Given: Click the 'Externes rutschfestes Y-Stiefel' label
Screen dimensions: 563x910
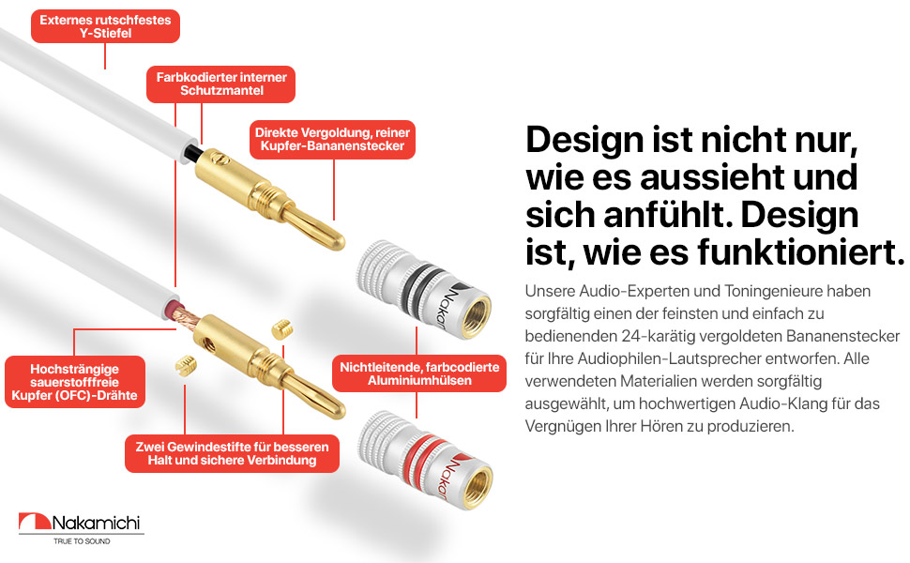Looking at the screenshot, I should click(105, 26).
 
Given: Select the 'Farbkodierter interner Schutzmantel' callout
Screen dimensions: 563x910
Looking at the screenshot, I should click(220, 84).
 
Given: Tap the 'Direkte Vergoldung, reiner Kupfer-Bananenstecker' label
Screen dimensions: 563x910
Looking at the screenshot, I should click(332, 140).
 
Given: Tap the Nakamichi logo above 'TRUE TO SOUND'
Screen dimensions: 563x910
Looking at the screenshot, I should click(81, 523).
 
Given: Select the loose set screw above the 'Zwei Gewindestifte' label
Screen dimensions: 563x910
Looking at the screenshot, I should click(185, 365).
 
